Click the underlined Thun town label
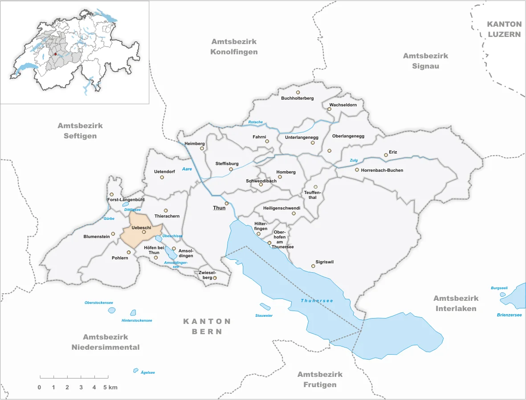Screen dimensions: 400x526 coord(219,208)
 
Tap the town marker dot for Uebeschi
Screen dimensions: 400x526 coord(144,232)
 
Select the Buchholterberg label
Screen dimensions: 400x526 coord(298,98)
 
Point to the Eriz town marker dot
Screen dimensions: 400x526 coord(386,155)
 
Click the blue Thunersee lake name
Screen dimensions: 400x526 coord(317,301)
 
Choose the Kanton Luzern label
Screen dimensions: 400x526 coord(504,29)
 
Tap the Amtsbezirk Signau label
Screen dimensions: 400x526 coord(425,61)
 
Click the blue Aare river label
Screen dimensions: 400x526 coord(188,169)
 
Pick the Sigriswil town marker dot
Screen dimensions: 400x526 coord(313,266)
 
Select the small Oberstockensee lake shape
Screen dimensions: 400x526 coord(111,310)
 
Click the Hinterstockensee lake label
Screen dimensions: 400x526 coord(137,320)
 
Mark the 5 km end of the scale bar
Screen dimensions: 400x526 coord(107,377)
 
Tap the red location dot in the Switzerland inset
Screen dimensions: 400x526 coord(55,54)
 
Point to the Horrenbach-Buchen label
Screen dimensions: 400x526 coord(382,170)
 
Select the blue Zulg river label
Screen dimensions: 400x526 coord(354,160)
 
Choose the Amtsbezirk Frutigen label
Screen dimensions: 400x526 coord(320,380)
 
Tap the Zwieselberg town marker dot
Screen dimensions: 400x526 coord(215,278)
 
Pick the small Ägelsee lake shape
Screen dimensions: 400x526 coord(136,370)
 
